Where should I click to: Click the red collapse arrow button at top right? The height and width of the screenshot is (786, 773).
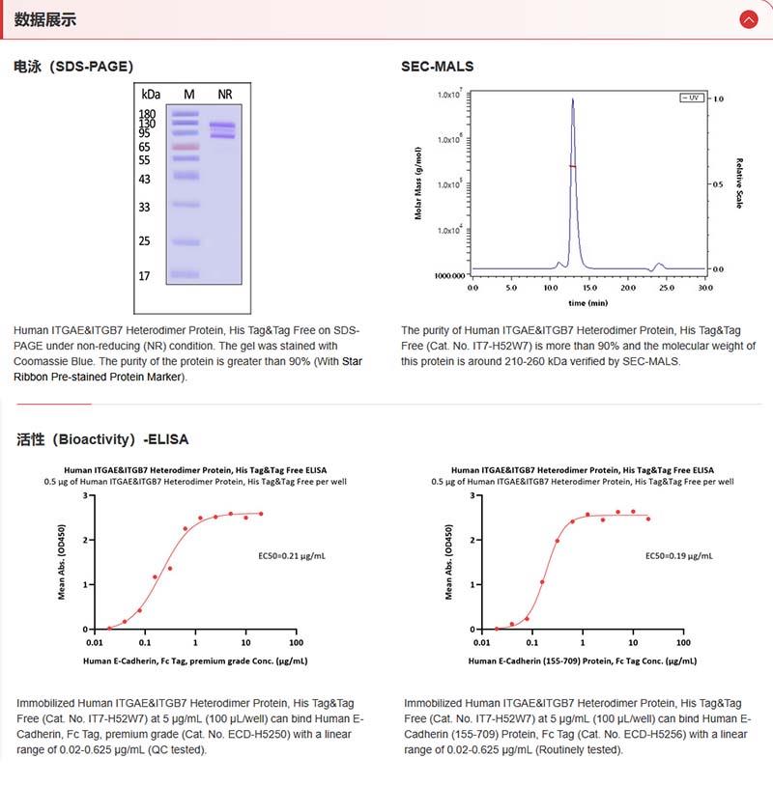coord(748,19)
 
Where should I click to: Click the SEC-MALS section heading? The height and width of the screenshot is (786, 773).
coord(438,67)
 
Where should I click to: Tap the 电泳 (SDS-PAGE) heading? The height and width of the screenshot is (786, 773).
coord(73,67)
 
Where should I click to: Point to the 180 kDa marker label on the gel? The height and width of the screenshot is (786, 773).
coord(148,114)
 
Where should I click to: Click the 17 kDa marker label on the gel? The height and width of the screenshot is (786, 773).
coord(145,276)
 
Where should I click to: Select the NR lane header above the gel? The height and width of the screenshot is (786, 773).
coord(225,94)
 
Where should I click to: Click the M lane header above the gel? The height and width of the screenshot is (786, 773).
coord(189,94)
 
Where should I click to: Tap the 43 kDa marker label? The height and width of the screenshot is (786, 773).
coord(145,180)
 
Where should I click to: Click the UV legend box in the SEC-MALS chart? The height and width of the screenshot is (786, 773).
coord(690,98)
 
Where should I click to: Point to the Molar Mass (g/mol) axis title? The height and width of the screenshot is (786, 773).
coord(418,183)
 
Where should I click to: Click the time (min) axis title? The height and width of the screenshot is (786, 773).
coord(587,302)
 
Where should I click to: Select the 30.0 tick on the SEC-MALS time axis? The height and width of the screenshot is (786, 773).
coord(705,288)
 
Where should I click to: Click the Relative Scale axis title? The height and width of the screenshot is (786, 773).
coord(739,183)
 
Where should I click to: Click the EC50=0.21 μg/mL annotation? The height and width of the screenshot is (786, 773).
coord(289,556)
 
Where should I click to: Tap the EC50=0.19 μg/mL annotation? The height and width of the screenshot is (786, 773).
coord(679,556)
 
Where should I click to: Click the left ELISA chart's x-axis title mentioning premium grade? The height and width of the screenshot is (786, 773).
coord(194,661)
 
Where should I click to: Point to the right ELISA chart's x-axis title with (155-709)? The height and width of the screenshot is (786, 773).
coord(582,661)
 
